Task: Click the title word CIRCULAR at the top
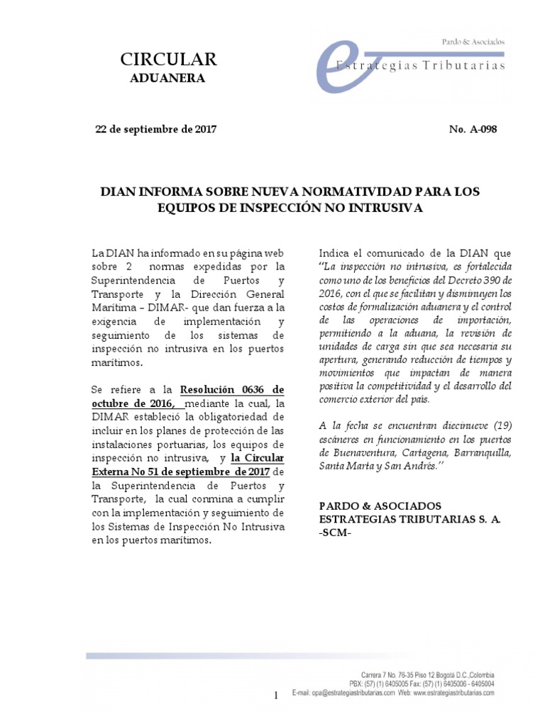[x=167, y=59]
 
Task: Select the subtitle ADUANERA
[x=167, y=78]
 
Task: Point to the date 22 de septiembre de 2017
[x=155, y=129]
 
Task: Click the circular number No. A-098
[x=473, y=129]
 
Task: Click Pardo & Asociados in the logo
[x=473, y=42]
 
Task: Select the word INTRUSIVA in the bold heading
[x=387, y=208]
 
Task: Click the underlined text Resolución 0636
[x=232, y=389]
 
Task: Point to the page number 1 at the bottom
[x=276, y=697]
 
